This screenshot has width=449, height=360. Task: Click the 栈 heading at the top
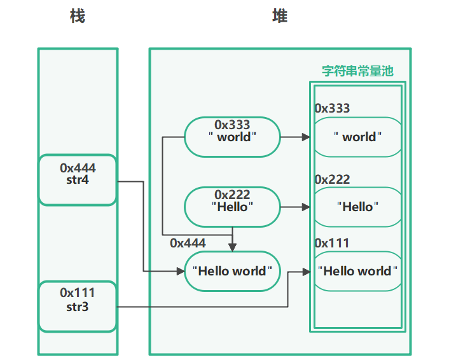point(77,16)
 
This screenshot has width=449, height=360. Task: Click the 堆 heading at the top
point(280,16)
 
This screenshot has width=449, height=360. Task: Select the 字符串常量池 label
point(357,71)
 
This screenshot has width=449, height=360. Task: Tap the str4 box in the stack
point(78,180)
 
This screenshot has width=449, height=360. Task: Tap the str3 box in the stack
point(78,306)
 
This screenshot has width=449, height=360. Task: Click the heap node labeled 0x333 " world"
point(232,137)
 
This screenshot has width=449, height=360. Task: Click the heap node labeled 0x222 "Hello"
point(232,207)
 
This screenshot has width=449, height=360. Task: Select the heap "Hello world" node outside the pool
point(232,271)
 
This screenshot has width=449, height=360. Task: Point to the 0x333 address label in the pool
point(332,108)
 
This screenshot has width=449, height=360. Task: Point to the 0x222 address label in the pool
point(332,180)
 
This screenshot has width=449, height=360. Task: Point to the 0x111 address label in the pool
point(332,243)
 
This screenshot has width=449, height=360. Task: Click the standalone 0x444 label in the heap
point(188,243)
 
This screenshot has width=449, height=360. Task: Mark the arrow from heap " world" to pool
point(296,137)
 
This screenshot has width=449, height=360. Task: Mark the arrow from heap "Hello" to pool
point(296,207)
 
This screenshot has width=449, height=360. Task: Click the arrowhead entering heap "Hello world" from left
point(180,271)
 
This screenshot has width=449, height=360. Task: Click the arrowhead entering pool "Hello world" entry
point(308,271)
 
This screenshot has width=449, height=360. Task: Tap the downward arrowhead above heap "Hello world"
point(233,247)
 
